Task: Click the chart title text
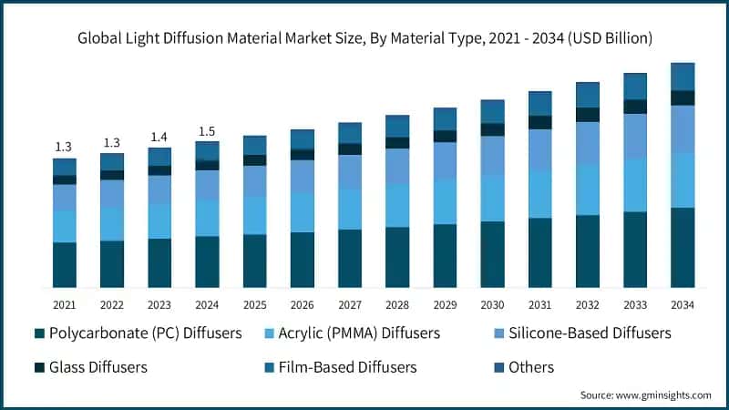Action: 364,38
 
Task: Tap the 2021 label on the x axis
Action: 64,304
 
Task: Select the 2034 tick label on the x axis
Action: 683,304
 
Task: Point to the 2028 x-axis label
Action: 397,304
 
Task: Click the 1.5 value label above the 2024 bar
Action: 207,131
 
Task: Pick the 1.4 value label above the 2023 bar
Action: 159,137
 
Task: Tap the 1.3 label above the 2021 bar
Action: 64,147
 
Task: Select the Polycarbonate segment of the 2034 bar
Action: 683,247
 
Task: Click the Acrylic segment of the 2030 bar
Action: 493,198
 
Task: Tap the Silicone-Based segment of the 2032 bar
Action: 588,143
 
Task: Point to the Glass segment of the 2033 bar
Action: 635,107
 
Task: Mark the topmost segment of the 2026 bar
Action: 303,138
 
